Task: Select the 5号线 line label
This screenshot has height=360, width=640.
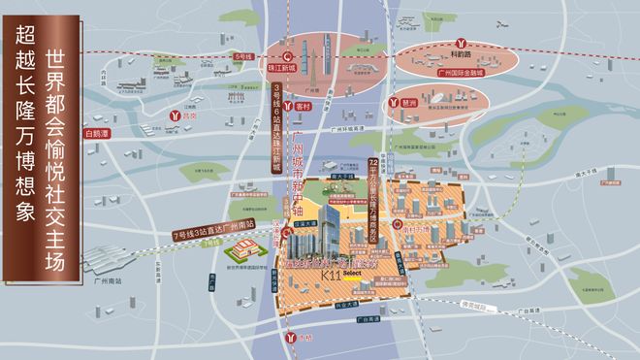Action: [243, 58]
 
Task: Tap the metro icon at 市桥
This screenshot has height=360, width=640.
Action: [294, 336]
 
